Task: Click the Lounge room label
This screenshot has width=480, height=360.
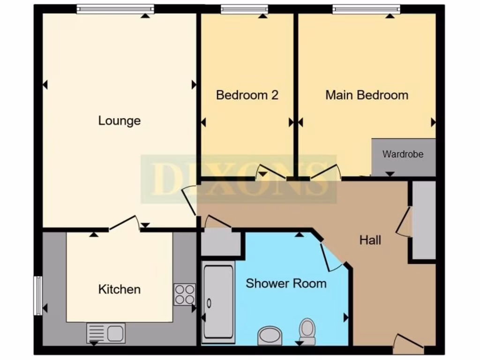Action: pos(119,121)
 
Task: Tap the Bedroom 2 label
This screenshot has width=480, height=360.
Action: pos(247,95)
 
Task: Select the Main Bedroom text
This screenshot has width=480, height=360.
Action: pos(367,95)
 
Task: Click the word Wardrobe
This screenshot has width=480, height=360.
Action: pos(403,154)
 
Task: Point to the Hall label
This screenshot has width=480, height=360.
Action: pos(370,240)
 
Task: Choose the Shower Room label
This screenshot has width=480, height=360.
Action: pos(286,283)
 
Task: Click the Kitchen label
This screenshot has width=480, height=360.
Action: pos(119,289)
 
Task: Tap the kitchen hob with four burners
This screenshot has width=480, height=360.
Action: pos(184,294)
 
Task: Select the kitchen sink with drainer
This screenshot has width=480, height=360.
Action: pos(105,333)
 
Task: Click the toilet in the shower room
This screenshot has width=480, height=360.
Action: pos(307,331)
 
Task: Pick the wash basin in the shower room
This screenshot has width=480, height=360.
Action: pos(270,336)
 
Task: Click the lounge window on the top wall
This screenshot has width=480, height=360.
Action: pos(115,8)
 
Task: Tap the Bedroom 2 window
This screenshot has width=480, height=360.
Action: pos(244,8)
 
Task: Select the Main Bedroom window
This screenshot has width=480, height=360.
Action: pos(367,8)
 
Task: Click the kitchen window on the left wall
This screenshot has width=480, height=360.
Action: pos(37,296)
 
